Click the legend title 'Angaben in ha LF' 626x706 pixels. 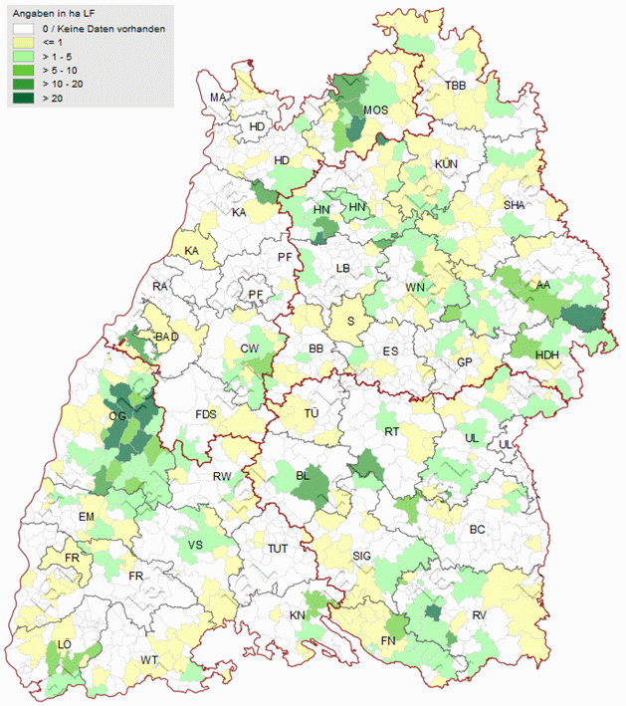60,14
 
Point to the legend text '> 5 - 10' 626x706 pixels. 62,71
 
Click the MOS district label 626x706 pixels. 375,111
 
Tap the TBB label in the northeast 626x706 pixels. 455,87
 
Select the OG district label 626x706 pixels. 116,415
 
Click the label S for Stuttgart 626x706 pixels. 350,321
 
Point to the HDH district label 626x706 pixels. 546,355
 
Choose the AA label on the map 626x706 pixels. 542,285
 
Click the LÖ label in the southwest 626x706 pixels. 66,645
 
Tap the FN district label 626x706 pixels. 389,640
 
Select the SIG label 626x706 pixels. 362,556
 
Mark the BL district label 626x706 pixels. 304,476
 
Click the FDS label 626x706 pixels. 206,414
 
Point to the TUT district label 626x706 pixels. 278,549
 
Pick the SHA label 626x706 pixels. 514,205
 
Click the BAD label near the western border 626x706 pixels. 166,337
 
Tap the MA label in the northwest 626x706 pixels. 218,97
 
